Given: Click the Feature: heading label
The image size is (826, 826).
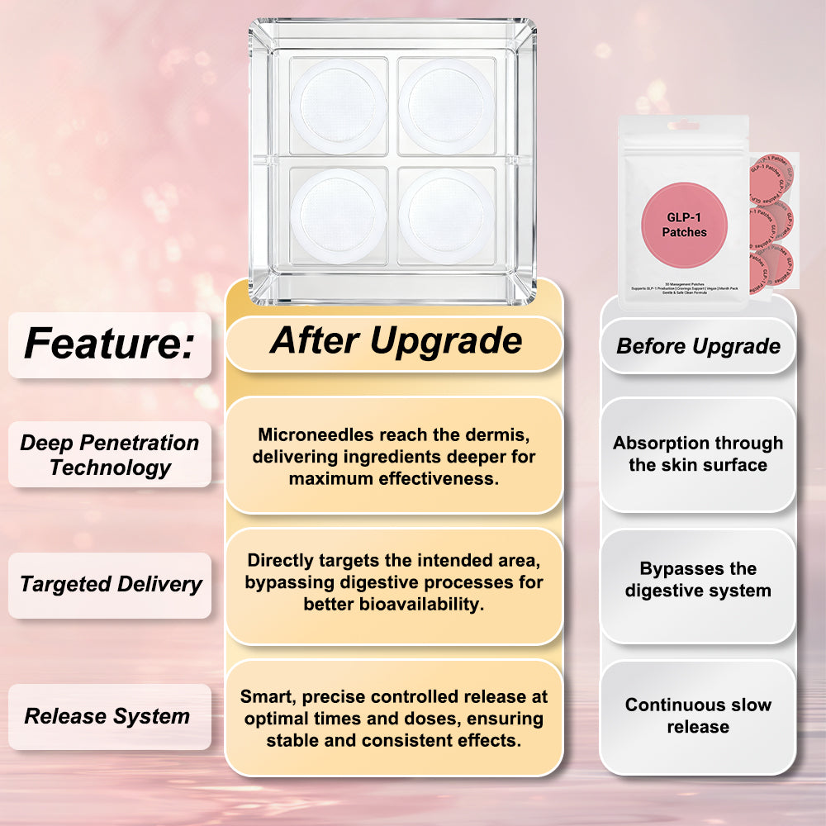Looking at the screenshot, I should [108, 343].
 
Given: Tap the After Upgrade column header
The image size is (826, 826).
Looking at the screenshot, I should [396, 340].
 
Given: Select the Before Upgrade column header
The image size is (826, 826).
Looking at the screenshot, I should [698, 346].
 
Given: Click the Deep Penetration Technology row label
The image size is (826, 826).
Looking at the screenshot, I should [109, 454].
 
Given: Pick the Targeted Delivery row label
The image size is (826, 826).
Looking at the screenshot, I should [111, 584].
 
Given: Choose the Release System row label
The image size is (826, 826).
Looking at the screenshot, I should [107, 716].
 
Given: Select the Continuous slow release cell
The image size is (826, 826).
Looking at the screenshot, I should [698, 715].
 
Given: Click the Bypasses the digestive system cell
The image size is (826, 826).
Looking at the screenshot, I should [698, 580].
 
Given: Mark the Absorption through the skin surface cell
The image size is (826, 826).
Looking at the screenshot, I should [698, 453].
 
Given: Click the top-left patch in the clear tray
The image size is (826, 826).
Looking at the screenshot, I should [338, 106].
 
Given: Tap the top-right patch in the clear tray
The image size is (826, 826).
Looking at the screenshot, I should [447, 106].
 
